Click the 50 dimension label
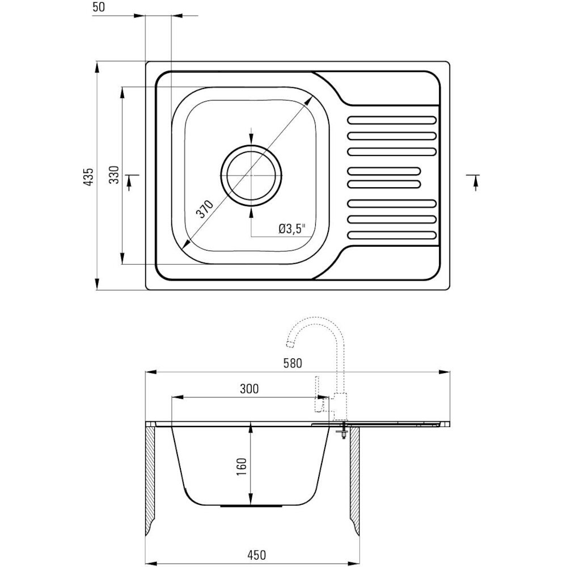[98, 7]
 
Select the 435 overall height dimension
[88, 176]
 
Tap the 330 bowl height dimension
[115, 175]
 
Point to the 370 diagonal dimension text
[205, 209]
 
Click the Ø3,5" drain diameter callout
[292, 229]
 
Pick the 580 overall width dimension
[293, 363]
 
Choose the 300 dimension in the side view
[249, 389]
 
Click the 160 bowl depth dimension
[241, 467]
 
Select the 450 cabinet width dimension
[256, 555]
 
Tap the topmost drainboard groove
[392, 120]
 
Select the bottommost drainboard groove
[392, 235]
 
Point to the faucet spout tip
[290, 344]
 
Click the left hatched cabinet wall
[150, 481]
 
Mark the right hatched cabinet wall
[354, 481]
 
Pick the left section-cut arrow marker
[130, 180]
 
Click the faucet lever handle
[318, 394]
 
